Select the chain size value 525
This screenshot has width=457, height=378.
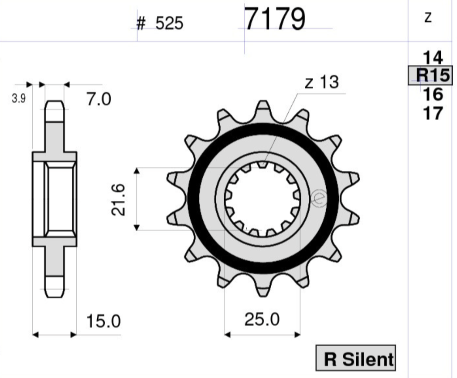click(169, 23)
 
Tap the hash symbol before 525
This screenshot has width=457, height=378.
click(141, 23)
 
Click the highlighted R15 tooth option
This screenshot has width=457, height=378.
click(430, 75)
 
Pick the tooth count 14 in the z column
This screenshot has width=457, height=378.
click(433, 57)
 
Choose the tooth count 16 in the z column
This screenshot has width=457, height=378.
click(433, 94)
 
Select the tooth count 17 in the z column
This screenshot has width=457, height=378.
click(433, 113)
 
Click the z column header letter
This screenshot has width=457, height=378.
click(427, 18)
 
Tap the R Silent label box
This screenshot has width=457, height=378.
click(356, 358)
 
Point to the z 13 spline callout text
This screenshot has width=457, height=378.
click(322, 82)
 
